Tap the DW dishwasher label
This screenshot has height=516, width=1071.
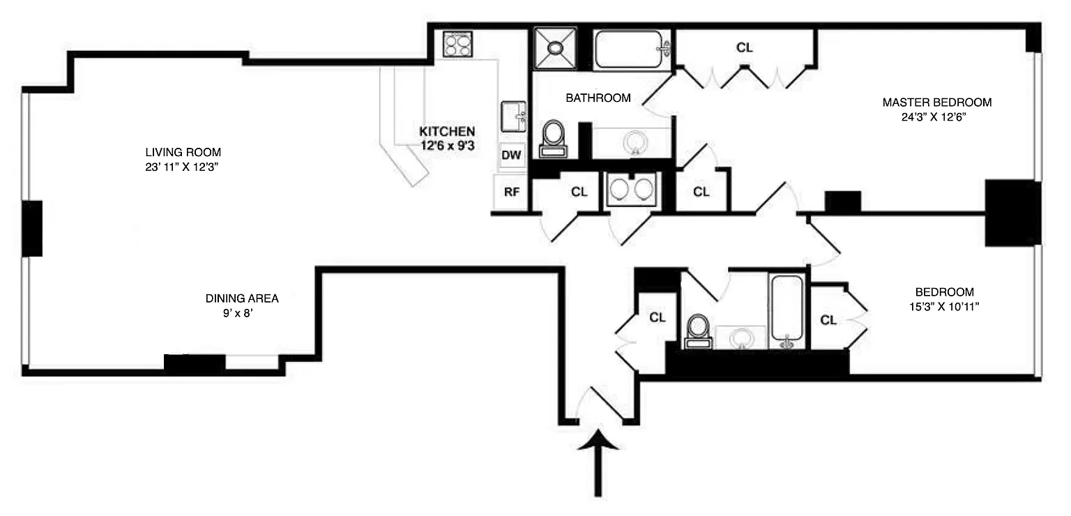[511, 155]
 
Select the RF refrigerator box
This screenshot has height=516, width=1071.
[511, 192]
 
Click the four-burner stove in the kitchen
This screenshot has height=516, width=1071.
[457, 45]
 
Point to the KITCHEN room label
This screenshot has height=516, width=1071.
[447, 131]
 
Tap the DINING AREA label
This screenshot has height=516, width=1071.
[242, 298]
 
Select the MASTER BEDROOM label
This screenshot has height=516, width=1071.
[936, 103]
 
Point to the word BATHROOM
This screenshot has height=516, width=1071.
[598, 98]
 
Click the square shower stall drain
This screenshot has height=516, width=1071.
[555, 47]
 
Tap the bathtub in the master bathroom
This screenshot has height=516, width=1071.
[632, 48]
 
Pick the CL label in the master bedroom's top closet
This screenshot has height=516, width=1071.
[745, 48]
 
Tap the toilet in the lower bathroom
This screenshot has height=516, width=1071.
[697, 330]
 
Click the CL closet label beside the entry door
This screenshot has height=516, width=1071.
[657, 317]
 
